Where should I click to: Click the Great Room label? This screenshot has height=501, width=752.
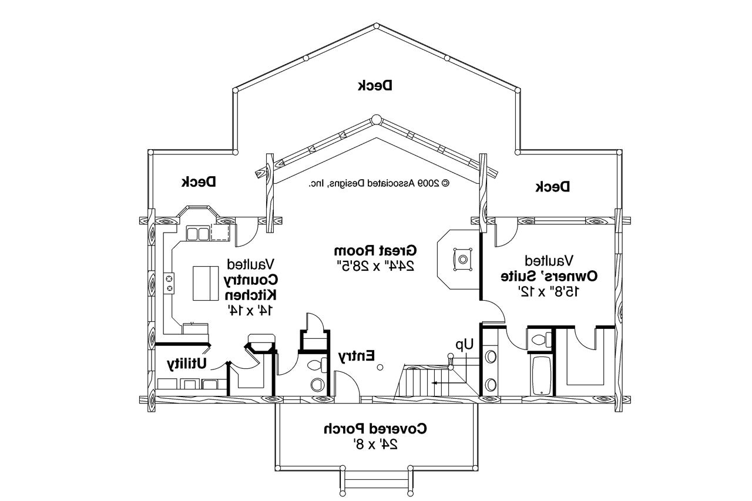click(375, 249)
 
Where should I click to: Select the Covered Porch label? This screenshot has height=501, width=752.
click(375, 429)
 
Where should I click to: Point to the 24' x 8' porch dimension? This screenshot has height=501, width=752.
click(377, 445)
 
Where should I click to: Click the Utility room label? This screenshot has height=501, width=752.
click(187, 364)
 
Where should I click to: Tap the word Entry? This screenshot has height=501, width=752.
click(356, 355)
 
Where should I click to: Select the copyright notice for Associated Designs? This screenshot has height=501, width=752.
click(379, 183)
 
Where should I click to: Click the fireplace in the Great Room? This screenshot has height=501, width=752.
click(463, 259)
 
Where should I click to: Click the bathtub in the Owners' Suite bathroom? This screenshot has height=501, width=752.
click(540, 375)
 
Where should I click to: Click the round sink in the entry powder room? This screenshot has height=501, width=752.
click(317, 385)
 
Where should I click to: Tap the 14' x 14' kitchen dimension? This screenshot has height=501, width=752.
click(250, 310)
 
